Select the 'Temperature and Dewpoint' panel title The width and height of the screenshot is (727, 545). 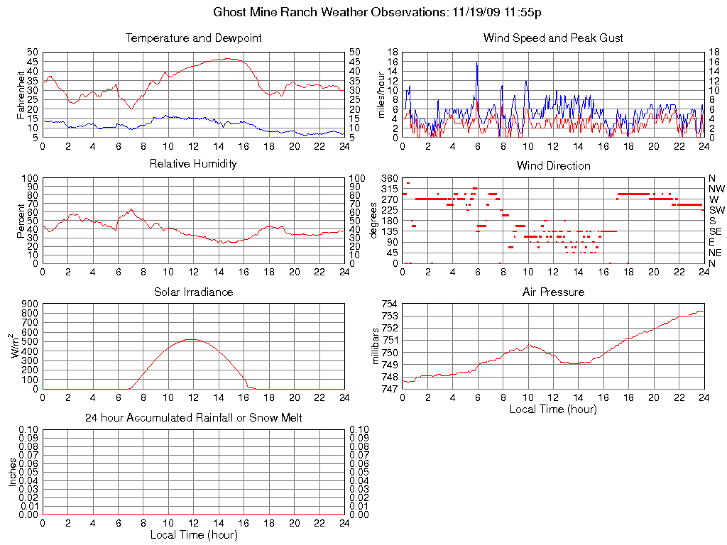coord(193,38)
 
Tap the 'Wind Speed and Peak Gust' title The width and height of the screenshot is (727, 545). coord(553,38)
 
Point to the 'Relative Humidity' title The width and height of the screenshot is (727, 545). coord(193,164)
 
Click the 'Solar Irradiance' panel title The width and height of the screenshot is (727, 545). coord(193,292)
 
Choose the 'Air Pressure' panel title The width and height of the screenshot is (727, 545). coord(553,292)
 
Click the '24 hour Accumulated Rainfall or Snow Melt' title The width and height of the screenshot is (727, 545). coord(193,418)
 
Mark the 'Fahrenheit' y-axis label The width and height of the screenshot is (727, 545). coord(21,94)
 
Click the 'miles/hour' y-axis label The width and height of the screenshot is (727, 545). coord(381,94)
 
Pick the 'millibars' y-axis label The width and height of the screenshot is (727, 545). coord(377,346)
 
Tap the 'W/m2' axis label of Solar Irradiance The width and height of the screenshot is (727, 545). coord(14,346)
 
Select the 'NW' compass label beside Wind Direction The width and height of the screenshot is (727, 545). coord(716,189)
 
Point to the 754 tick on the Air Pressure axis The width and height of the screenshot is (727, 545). coord(388,304)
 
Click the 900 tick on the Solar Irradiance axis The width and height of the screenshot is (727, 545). coord(29,304)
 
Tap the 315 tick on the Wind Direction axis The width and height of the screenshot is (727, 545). coord(388,189)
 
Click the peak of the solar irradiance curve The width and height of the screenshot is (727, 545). coord(190,339)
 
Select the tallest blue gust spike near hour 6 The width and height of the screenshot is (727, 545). coord(477,62)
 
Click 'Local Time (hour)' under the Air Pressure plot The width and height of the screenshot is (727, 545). coord(553,409)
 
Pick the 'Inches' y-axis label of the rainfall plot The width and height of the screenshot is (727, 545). coord(13,472)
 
